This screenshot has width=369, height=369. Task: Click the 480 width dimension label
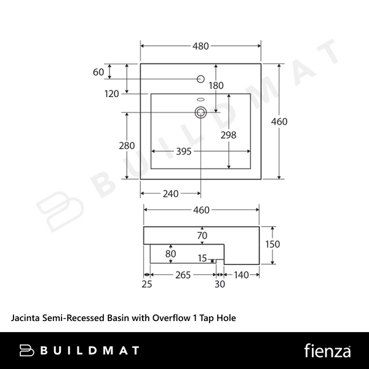(200, 46)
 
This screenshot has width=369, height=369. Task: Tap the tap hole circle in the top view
(200, 79)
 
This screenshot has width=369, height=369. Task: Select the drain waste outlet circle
(200, 113)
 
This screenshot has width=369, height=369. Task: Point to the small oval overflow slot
(200, 100)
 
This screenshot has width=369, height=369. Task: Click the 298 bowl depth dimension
(228, 135)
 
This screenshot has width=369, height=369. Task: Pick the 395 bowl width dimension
(184, 151)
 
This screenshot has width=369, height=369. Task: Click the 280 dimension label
(127, 146)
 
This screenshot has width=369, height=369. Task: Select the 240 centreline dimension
(170, 194)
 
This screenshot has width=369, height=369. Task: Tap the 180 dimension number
(216, 85)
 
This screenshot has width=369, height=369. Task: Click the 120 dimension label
(111, 94)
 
